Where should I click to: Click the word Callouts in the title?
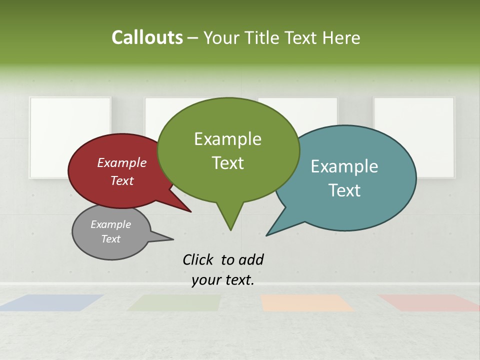coord(147,38)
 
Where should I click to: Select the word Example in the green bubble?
coord(227,139)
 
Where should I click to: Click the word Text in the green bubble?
coord(227,163)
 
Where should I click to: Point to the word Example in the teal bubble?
coord(344,166)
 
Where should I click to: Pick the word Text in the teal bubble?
coord(344,190)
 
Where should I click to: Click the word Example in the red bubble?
coord(122,162)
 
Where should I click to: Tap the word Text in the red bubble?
coord(122,180)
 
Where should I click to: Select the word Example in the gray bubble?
coord(111,224)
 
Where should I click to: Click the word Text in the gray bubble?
coord(111,239)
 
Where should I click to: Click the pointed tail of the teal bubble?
coord(268,234)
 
